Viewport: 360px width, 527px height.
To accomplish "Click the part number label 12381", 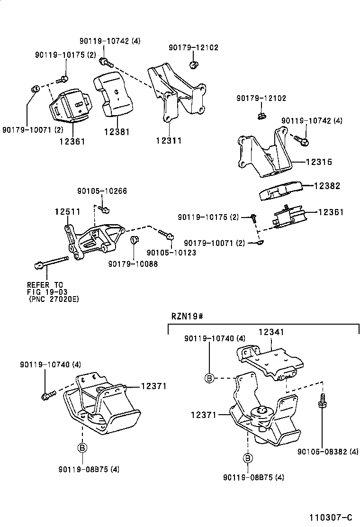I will click(116, 132).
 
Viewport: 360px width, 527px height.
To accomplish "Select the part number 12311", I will click(169, 140).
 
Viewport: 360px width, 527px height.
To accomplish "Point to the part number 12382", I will click(326, 186).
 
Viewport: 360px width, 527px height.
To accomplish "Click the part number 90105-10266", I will click(102, 191).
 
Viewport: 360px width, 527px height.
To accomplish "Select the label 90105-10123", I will click(171, 253).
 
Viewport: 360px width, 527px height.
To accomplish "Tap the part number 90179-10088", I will click(133, 263).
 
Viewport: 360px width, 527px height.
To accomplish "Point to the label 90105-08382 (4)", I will click(328, 452).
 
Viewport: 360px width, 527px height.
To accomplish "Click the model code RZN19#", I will click(187, 315).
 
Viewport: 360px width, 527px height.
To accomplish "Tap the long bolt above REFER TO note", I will click(52, 262).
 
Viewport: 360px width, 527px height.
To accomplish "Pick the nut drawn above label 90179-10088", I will click(134, 238).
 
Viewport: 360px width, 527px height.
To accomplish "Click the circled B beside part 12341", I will click(209, 378).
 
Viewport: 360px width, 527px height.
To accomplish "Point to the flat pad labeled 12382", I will click(279, 191).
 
